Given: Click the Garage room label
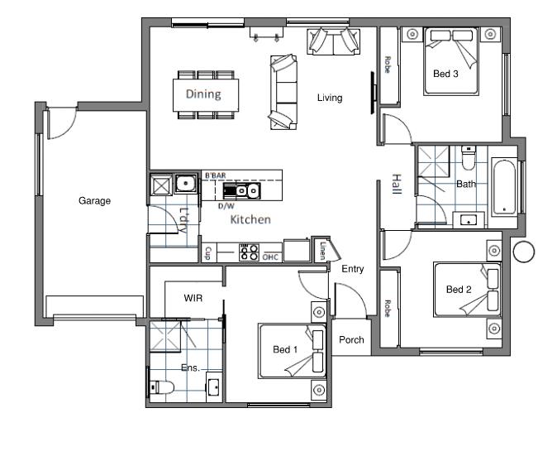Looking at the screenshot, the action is [x=94, y=200].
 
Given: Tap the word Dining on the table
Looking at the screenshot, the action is [x=203, y=94].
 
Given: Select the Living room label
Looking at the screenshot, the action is [x=330, y=98].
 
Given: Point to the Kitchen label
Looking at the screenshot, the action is [x=250, y=219].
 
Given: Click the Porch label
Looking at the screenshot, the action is [x=351, y=339].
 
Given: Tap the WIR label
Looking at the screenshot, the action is [x=193, y=298].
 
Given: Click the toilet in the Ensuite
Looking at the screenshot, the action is [x=162, y=387].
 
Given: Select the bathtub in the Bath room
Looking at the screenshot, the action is [x=504, y=187].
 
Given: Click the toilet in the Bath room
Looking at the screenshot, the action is [x=469, y=158].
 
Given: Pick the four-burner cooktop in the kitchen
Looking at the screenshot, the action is [x=249, y=252].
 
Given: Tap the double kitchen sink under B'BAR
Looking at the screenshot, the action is [x=242, y=191].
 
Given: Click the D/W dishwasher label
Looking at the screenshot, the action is [x=226, y=206].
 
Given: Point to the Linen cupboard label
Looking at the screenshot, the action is [x=322, y=251].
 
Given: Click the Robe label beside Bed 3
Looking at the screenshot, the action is [x=388, y=65].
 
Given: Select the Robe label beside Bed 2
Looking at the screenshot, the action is [x=388, y=309].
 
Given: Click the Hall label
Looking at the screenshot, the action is [x=397, y=184].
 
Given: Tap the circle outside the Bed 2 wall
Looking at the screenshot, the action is [x=524, y=252].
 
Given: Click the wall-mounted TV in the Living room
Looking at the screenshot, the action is [x=373, y=93].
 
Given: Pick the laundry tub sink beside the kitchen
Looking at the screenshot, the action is [x=186, y=183].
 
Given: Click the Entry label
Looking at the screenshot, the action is [x=353, y=269].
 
